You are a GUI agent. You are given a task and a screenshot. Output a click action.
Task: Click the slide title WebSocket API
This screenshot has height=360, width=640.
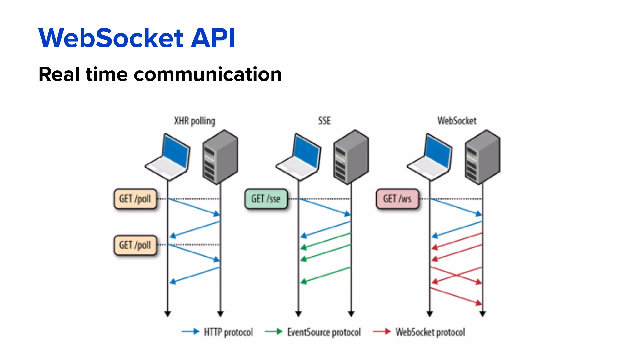point(137,38)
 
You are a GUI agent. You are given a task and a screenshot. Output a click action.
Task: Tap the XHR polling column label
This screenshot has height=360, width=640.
point(194,121)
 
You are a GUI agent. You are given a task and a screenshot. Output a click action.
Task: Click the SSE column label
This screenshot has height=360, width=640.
point(324,121)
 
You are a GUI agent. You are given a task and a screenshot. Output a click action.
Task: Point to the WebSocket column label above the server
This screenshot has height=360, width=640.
point(457,121)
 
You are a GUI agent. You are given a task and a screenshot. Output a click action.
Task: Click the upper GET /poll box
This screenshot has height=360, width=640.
point(135,199)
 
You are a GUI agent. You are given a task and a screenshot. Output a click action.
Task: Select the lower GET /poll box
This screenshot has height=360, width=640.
point(135,245)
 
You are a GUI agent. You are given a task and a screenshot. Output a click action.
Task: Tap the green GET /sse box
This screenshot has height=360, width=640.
point(266,199)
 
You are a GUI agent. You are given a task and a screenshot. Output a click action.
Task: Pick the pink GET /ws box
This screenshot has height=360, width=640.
point(397,199)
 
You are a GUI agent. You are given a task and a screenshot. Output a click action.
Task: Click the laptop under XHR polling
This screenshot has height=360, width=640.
point(169,158)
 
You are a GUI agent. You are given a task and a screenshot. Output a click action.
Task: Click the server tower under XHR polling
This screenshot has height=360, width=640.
point(220,157)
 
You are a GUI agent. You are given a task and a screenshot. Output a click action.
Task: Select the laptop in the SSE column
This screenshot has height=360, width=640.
point(299,158)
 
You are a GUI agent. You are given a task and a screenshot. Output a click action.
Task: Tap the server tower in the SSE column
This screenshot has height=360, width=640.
point(351,157)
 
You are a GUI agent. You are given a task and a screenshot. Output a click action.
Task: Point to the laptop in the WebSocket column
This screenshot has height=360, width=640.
point(431,158)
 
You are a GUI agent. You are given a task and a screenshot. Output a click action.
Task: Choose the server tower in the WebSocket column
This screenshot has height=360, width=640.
point(482,157)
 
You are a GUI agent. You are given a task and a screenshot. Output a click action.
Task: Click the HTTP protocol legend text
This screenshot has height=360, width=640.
point(228,332)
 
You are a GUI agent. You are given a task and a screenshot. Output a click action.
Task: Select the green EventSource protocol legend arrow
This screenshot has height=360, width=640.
point(273,332)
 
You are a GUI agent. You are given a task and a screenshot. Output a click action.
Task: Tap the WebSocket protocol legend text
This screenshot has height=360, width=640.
point(430,332)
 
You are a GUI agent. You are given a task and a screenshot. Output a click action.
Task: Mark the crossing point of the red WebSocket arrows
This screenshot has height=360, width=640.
point(457,275)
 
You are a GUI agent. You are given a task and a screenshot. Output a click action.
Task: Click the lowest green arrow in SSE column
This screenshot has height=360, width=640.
point(325,275)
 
